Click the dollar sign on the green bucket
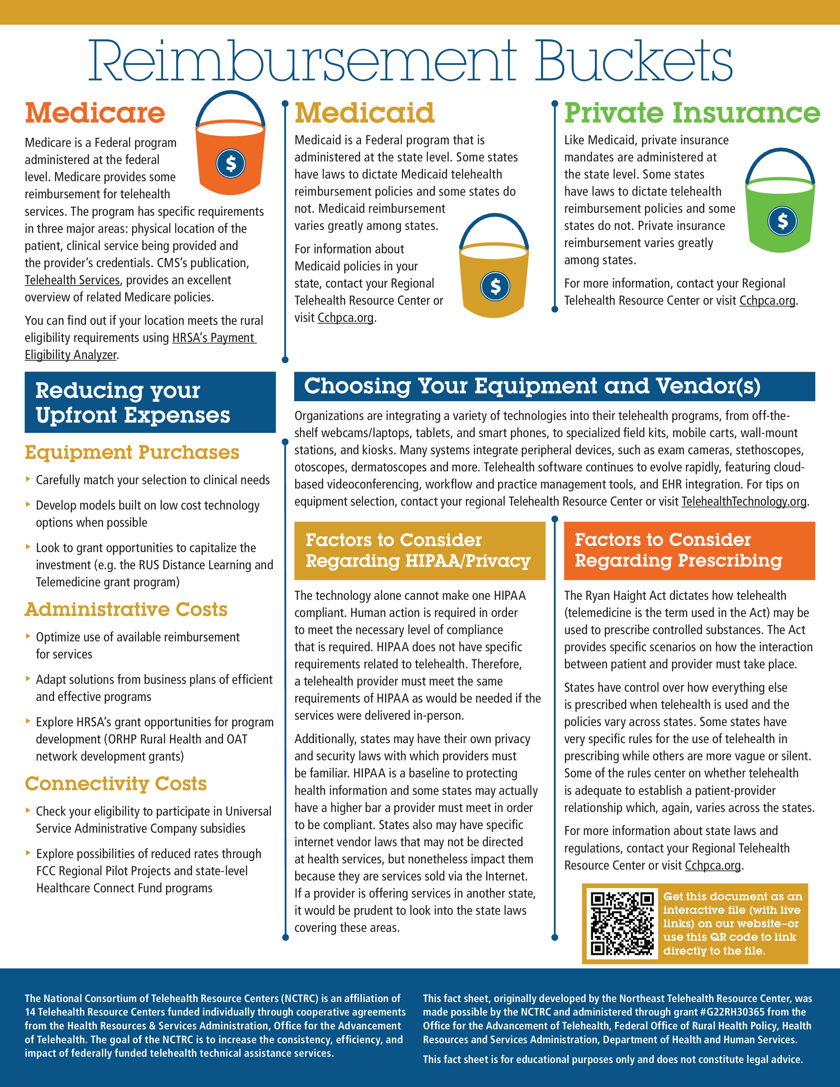[782, 220]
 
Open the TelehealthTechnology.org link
[744, 501]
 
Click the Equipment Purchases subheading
[132, 452]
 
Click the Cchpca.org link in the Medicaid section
[345, 318]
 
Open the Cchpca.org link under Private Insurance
[767, 301]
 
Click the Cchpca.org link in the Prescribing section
[713, 866]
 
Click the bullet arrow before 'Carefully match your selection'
[28, 479]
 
